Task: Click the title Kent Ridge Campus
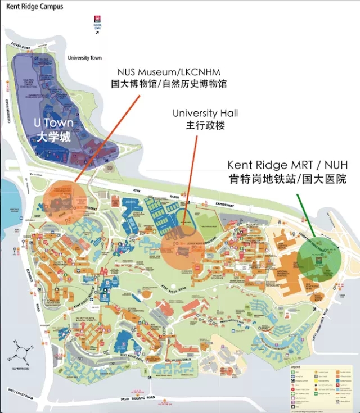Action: pyautogui.click(x=35, y=7)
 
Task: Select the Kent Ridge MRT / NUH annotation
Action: pyautogui.click(x=287, y=165)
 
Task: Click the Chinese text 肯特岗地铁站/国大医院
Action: pyautogui.click(x=287, y=179)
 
